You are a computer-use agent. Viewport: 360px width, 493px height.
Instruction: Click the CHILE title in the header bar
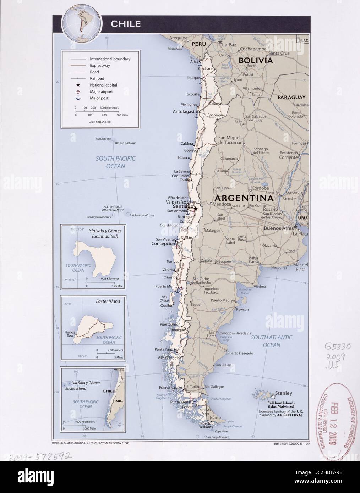pos(126,24)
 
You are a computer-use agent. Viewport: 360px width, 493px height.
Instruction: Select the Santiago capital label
pos(183,206)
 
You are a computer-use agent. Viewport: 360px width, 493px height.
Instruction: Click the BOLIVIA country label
pos(256,61)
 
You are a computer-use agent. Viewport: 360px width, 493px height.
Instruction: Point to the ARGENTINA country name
pos(243,198)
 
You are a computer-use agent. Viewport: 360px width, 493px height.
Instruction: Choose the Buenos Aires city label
pos(279,228)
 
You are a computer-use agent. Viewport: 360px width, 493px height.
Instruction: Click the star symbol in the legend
pos(77,85)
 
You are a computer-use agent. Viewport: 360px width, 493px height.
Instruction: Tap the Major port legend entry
pos(99,98)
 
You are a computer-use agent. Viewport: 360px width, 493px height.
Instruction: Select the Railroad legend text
pos(97,78)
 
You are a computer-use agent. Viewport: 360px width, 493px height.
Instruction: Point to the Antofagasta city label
pos(185,112)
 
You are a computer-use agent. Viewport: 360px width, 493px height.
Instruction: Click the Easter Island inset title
pos(108,301)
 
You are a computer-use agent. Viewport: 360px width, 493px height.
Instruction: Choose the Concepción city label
pos(163,244)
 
